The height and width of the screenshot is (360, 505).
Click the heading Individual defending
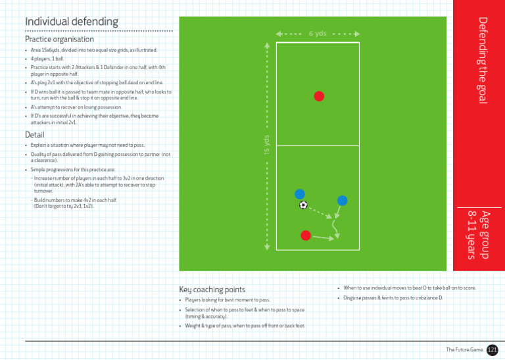(x=72, y=22)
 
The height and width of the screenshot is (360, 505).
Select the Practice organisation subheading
(x=60, y=39)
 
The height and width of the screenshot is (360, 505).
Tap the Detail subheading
(x=35, y=134)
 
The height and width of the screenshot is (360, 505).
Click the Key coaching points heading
(x=212, y=290)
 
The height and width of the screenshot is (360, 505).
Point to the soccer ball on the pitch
(x=303, y=205)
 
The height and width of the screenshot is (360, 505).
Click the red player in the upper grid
(x=319, y=96)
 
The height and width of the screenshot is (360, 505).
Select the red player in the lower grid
(x=305, y=235)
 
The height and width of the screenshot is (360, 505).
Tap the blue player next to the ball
(x=300, y=193)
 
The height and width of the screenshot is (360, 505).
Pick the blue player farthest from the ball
(x=342, y=200)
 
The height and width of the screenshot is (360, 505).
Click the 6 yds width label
(x=318, y=34)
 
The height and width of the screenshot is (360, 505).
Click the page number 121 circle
(x=493, y=349)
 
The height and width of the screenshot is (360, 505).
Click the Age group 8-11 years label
(x=478, y=234)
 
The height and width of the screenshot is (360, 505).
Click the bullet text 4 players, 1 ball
(x=47, y=59)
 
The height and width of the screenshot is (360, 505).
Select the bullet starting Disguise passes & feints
(x=393, y=298)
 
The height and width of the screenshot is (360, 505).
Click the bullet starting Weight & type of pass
(x=245, y=326)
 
